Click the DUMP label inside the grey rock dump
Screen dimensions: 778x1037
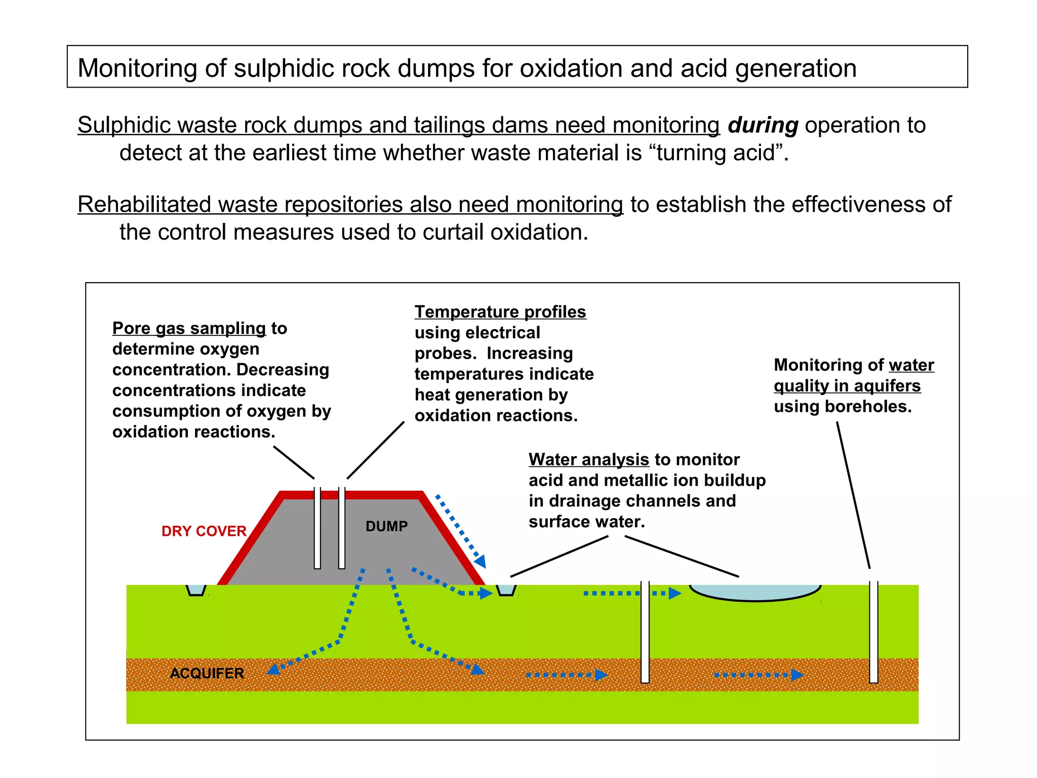386,526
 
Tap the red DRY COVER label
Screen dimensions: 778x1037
204,531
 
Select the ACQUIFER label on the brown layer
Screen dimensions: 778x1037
207,673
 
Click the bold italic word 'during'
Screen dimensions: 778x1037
763,125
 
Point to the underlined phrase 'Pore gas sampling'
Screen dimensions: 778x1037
189,328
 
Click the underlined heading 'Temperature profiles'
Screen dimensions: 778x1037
500,312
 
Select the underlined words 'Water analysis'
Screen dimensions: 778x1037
588,459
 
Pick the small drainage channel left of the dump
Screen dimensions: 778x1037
196,590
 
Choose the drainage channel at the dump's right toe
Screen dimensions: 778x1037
506,590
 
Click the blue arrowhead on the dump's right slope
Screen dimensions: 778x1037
480,561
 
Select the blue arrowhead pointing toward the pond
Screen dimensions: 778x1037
674,593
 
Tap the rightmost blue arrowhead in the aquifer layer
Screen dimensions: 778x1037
797,675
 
